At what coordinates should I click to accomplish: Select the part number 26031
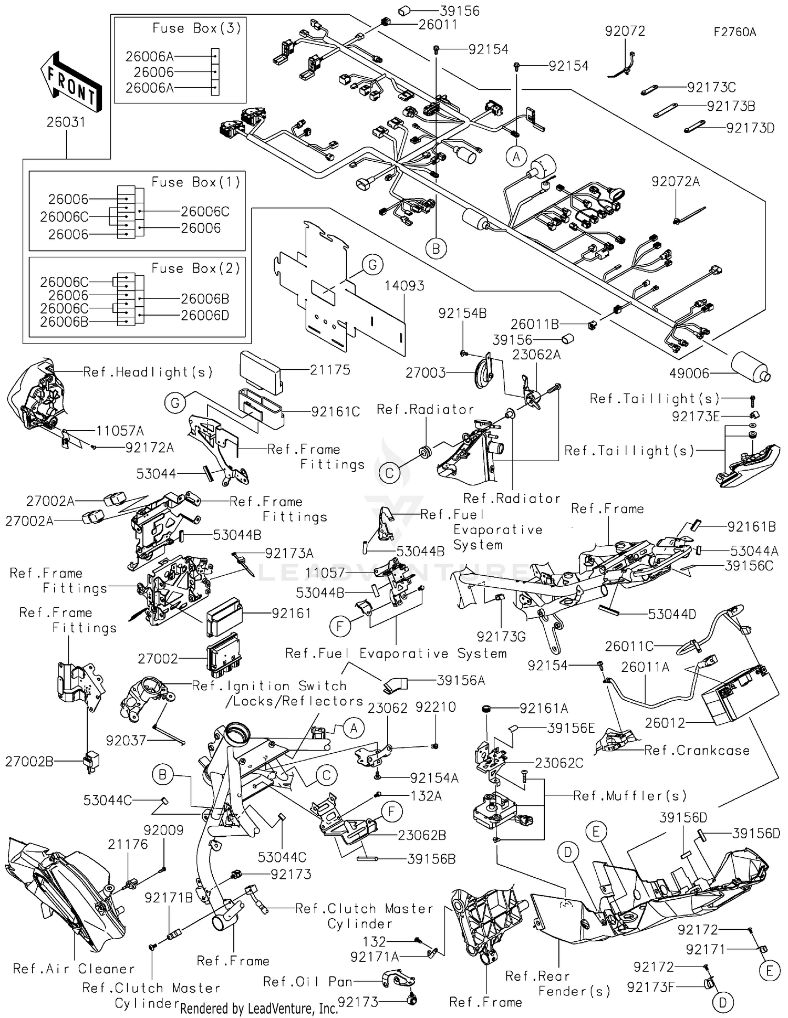[66, 122]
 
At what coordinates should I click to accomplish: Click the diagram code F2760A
[734, 32]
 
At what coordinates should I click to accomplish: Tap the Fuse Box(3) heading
[196, 28]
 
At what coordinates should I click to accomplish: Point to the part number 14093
[404, 286]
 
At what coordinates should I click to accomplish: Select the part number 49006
[689, 373]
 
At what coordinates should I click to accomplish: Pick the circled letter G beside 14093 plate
[372, 265]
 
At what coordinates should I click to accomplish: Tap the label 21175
[329, 370]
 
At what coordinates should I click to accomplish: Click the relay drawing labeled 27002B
[91, 761]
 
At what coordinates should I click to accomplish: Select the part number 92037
[126, 741]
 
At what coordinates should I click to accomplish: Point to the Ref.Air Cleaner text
[74, 969]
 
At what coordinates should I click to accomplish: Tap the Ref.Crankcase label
[697, 750]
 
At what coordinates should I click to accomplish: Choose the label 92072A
[676, 182]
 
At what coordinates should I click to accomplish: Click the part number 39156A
[461, 681]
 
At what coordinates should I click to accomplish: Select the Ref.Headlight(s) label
[148, 372]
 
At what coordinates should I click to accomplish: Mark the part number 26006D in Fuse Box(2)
[205, 315]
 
